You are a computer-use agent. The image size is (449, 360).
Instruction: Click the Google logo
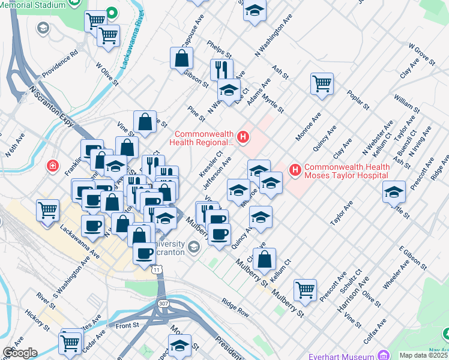pyautogui.click(x=20, y=353)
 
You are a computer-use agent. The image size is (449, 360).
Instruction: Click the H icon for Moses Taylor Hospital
pyautogui.click(x=295, y=170)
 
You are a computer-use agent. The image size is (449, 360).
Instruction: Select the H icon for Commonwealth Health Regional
pyautogui.click(x=243, y=137)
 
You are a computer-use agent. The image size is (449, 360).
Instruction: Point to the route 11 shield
pyautogui.click(x=157, y=271)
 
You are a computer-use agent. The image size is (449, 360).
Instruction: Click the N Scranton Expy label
pyautogui.click(x=52, y=106)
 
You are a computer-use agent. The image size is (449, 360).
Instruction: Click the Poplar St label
pyautogui.click(x=358, y=100)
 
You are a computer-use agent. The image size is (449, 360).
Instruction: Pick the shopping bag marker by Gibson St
pyautogui.click(x=181, y=59)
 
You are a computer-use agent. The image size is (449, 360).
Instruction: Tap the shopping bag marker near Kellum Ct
pyautogui.click(x=264, y=259)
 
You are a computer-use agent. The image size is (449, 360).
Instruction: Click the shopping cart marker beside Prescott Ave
pyautogui.click(x=306, y=290)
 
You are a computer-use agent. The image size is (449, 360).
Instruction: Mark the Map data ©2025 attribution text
pyautogui.click(x=423, y=355)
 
